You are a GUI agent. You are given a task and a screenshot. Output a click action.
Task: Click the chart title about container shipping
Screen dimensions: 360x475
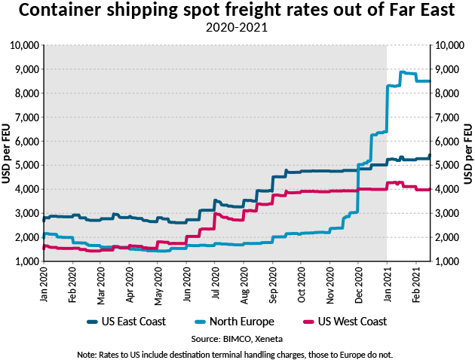[x=237, y=11]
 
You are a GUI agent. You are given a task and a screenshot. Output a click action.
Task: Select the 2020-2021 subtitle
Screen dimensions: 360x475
[x=237, y=29]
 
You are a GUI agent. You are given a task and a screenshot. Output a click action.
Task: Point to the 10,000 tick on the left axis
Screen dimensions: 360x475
[x=26, y=45]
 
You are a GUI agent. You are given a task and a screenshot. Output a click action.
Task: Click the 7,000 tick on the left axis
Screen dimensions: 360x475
[x=28, y=117]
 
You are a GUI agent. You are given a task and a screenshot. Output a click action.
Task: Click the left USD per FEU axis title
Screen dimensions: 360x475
[x=7, y=154]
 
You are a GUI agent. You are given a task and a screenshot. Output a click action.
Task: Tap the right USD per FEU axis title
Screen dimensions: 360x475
[x=467, y=154]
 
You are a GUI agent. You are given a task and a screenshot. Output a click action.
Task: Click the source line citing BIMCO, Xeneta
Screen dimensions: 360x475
[x=237, y=339]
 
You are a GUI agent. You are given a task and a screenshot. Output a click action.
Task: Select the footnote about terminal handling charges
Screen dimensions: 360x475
[x=237, y=353]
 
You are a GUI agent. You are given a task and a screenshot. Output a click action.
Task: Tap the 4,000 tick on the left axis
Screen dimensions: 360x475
[x=28, y=189]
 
